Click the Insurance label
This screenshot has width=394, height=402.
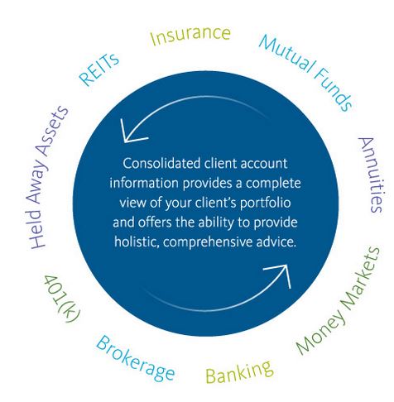pos(190,36)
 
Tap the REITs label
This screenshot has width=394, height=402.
pos(99,69)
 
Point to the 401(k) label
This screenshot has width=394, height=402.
pos(62,299)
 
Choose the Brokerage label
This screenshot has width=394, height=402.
pos(135,358)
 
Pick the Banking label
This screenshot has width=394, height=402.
pos(239,371)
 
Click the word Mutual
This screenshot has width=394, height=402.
pos(287,54)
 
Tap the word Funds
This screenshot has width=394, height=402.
pos(333,89)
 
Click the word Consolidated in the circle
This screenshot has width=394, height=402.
pos(161,164)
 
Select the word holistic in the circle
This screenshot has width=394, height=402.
pos(137,242)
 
